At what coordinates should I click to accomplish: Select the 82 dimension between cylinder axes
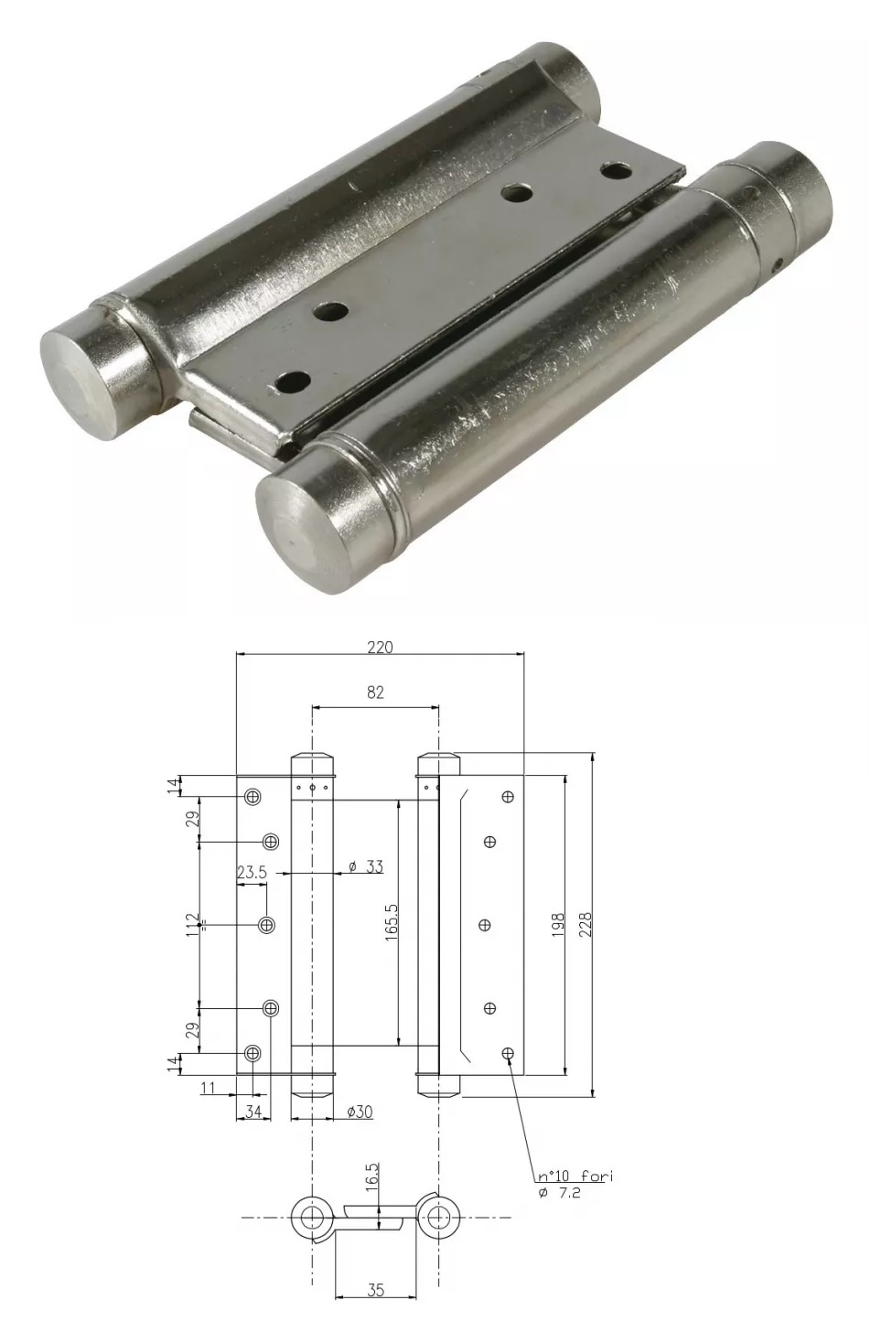[x=375, y=693]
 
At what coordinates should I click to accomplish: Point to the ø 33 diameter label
[x=366, y=866]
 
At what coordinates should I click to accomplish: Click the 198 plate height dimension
[x=557, y=925]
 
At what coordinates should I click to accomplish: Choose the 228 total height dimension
[x=586, y=925]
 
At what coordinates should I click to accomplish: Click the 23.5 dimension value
[x=252, y=873]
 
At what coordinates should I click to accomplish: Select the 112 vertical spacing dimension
[x=192, y=925]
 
